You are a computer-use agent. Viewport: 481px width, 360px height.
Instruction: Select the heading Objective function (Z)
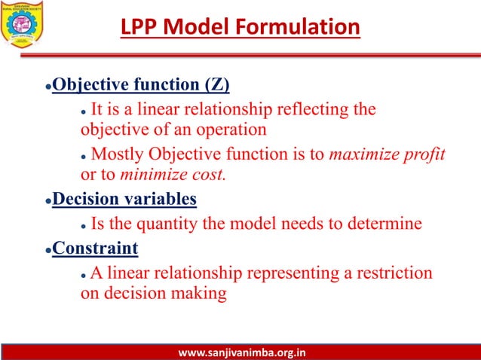[141, 83]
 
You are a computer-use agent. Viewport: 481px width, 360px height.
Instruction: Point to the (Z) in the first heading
[215, 83]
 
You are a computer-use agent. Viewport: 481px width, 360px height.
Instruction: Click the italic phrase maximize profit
[388, 154]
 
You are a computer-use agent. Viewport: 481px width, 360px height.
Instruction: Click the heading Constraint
[95, 248]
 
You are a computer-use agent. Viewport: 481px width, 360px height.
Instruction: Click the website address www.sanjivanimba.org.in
[240, 352]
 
